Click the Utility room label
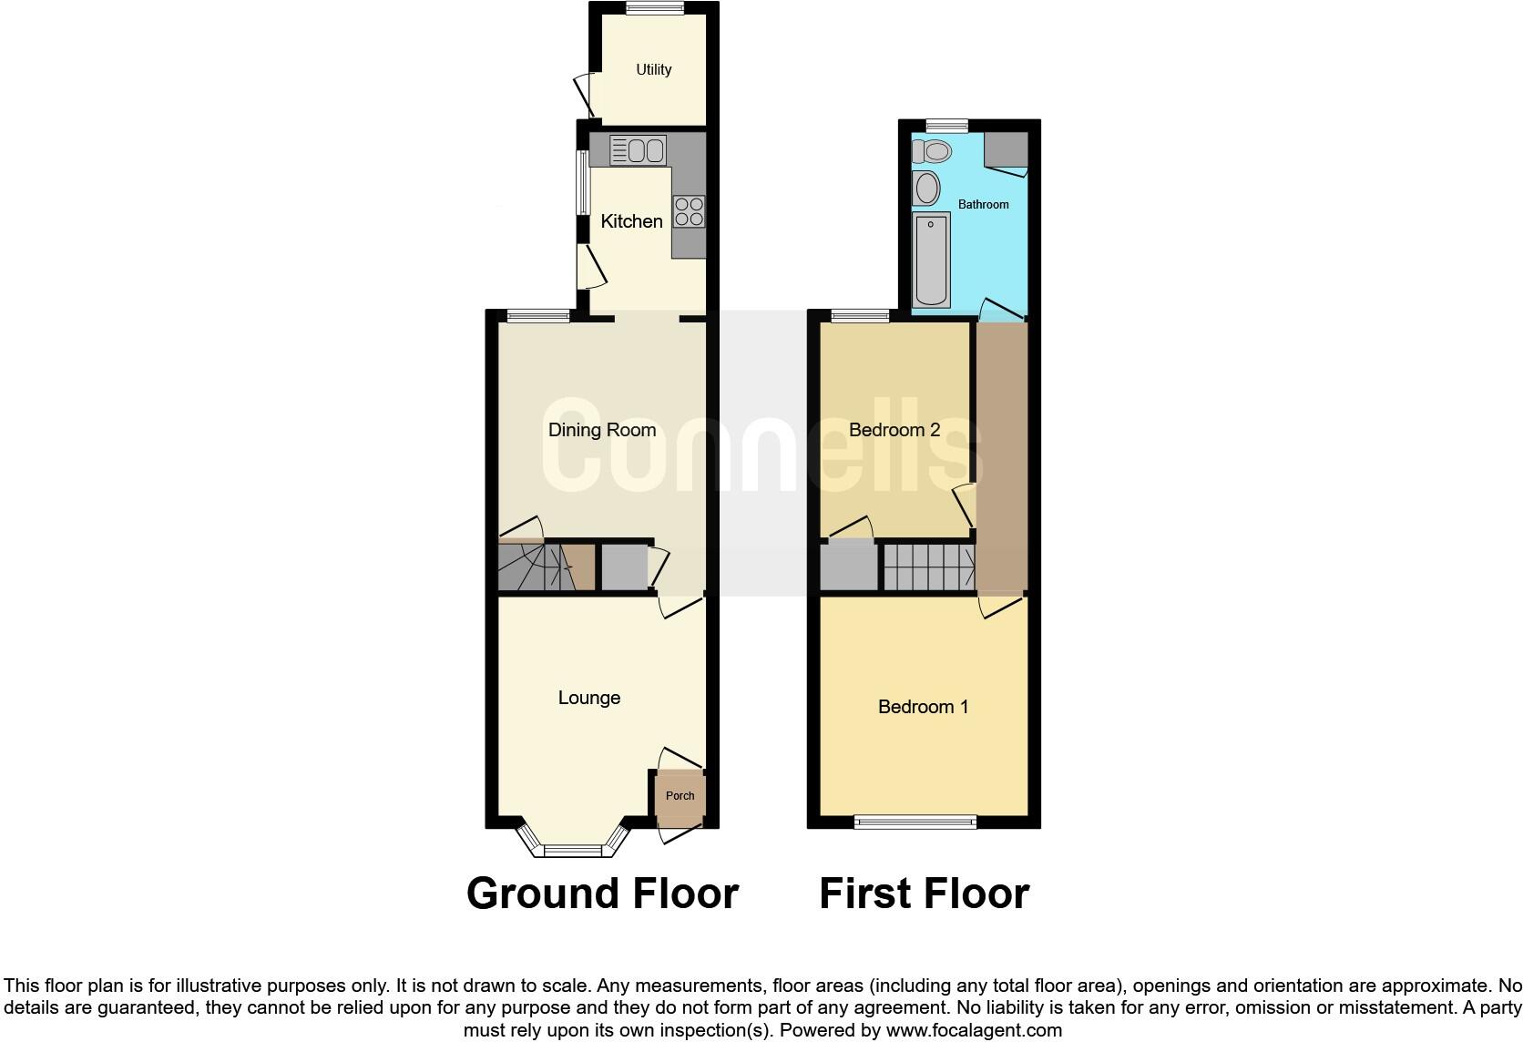click(x=653, y=69)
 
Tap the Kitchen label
click(x=631, y=221)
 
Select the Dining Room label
click(x=601, y=430)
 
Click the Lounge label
click(x=588, y=698)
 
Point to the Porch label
click(x=680, y=795)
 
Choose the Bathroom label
click(x=983, y=205)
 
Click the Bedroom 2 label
click(x=894, y=430)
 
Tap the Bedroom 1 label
click(x=923, y=707)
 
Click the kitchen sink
click(x=638, y=150)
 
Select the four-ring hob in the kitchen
click(x=689, y=212)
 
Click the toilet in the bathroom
click(x=931, y=150)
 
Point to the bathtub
click(x=931, y=260)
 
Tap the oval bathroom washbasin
click(x=927, y=189)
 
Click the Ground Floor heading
click(x=602, y=894)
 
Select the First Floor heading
click(x=924, y=894)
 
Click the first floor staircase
click(x=927, y=567)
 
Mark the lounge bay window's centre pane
click(x=573, y=851)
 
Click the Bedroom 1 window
click(x=915, y=822)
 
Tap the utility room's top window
click(x=655, y=8)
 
